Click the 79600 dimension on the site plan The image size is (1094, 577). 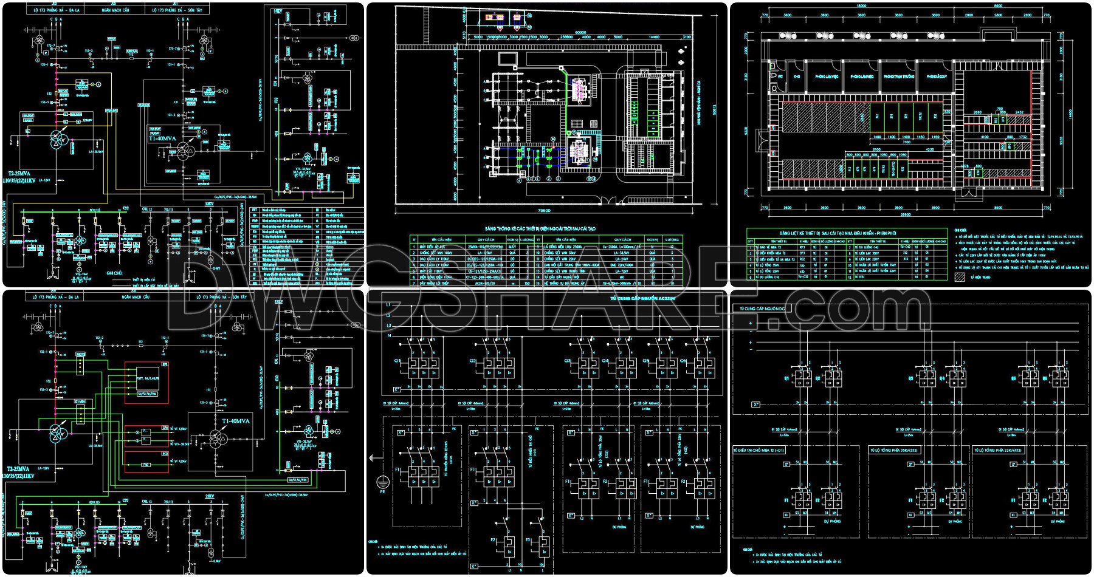pyautogui.click(x=545, y=211)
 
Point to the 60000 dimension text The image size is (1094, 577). pyautogui.click(x=580, y=33)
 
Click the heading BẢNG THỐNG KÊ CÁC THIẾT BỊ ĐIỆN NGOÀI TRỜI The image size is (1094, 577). pyautogui.click(x=540, y=229)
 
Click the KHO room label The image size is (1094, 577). pyautogui.click(x=796, y=78)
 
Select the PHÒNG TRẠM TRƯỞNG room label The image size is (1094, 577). pyautogui.click(x=899, y=78)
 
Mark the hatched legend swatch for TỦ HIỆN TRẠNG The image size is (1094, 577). pyautogui.click(x=960, y=277)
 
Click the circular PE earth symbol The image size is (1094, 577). pyautogui.click(x=382, y=482)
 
